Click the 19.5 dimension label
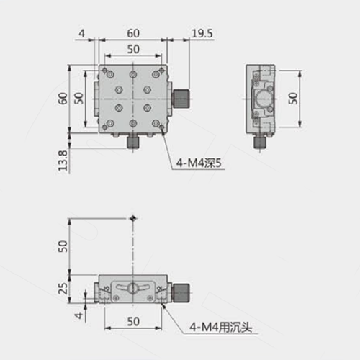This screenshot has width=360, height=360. coord(202,33)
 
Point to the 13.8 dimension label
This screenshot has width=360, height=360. coord(63,161)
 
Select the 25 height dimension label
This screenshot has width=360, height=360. coord(63,289)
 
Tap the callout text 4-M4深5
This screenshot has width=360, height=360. coord(199,163)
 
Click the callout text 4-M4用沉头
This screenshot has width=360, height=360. coord(221,327)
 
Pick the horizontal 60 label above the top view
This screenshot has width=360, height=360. coord(133,33)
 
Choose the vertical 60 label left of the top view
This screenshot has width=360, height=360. coord(63,99)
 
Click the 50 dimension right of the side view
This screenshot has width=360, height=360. coord(293,99)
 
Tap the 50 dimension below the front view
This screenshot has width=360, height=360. coord(133,322)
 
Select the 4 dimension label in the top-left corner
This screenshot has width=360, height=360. coord(82,33)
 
